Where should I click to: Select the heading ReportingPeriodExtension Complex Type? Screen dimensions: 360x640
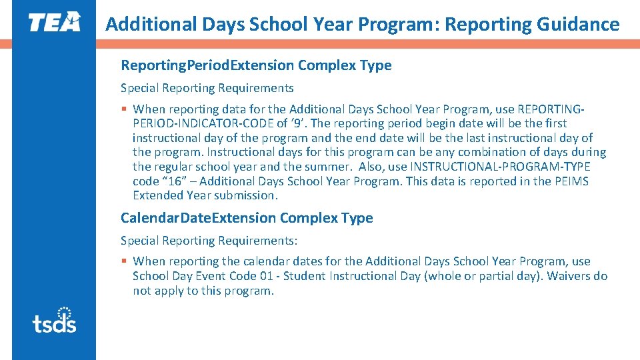tap(256, 65)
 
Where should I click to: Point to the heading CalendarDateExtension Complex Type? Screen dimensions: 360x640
tap(247, 218)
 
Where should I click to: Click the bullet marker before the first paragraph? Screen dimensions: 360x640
tap(124, 109)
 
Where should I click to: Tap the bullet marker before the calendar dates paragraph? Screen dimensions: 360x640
tap(124, 261)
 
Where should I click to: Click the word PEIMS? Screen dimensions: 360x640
tap(571, 181)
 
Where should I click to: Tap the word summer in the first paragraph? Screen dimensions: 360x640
tap(331, 167)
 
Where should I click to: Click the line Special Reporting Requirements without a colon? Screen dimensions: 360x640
tap(207, 88)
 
